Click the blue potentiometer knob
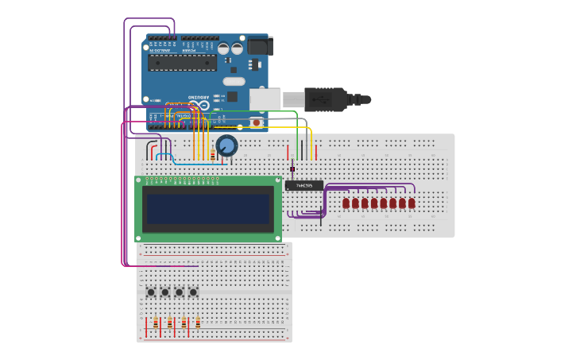click(x=226, y=145)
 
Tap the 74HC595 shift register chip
click(x=304, y=185)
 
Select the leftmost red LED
click(x=346, y=203)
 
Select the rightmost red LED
click(x=412, y=203)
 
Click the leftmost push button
click(x=151, y=292)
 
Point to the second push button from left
click(x=165, y=292)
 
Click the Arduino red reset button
click(x=256, y=122)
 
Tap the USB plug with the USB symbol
click(x=326, y=99)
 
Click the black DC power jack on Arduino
click(x=260, y=46)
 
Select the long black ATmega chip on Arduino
click(x=182, y=63)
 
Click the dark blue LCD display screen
click(x=208, y=209)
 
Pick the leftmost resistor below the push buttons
click(x=156, y=323)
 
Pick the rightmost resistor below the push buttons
click(x=198, y=323)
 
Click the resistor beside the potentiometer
click(x=213, y=155)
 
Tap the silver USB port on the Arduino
click(x=265, y=99)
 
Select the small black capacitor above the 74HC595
click(x=292, y=168)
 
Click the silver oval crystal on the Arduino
click(x=234, y=81)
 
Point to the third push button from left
click(x=179, y=292)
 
